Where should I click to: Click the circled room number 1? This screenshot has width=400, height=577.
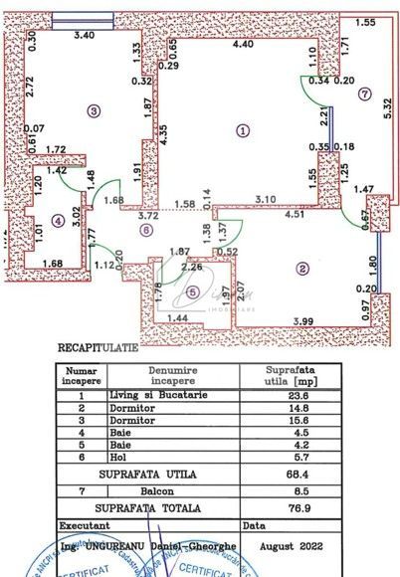[241, 129]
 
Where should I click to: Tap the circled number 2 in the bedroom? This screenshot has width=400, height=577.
[300, 268]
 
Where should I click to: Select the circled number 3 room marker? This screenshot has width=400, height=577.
[95, 110]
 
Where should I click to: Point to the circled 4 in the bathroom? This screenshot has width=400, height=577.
[58, 221]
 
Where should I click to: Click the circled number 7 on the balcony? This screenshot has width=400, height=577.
[365, 95]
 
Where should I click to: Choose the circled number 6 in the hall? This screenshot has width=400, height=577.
[145, 231]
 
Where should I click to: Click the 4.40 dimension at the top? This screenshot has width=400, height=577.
[244, 44]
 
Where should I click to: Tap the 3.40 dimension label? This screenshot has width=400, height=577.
[85, 35]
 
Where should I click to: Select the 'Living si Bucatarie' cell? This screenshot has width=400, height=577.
[158, 394]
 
